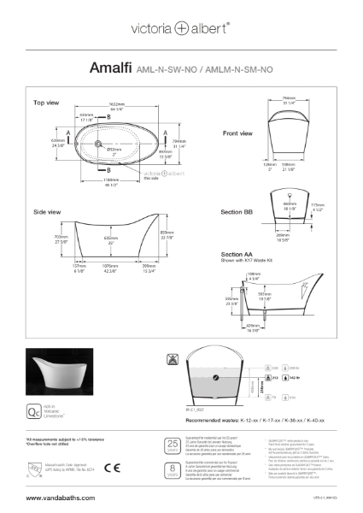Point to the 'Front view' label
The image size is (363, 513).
pos(237,133)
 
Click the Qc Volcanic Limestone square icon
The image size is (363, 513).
pos(35,389)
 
